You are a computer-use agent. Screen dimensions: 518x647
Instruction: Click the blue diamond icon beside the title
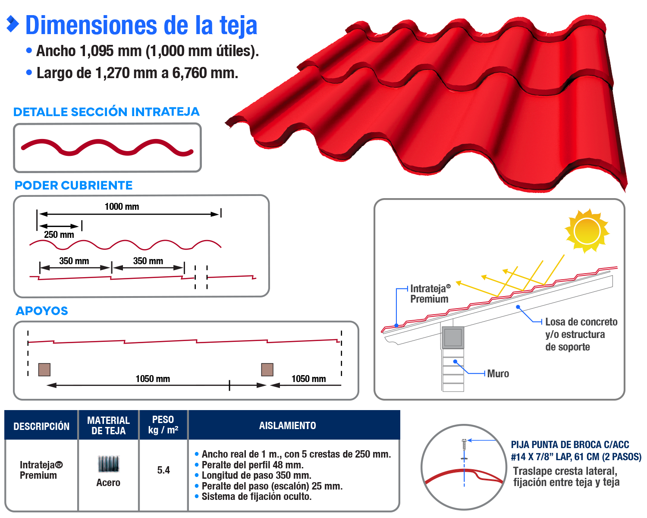click(13, 24)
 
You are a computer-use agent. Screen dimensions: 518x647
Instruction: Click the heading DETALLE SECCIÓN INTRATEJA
click(107, 112)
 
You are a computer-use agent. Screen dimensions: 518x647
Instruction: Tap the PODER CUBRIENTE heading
click(74, 186)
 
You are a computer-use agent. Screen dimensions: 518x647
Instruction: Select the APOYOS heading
click(42, 311)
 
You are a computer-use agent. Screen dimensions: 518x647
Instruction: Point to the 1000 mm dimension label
click(122, 207)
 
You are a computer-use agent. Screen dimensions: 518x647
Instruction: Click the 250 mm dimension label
click(59, 235)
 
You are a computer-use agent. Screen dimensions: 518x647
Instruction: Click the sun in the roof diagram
click(587, 231)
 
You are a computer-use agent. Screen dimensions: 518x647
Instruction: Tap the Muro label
click(498, 374)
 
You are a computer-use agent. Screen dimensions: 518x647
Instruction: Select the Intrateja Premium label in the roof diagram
click(430, 294)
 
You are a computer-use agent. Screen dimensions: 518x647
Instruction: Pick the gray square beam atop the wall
click(453, 338)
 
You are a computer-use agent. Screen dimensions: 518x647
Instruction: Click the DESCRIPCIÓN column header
click(41, 426)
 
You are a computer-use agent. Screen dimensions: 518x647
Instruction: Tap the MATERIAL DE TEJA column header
click(108, 426)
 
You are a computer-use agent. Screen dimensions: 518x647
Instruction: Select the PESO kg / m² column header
click(163, 425)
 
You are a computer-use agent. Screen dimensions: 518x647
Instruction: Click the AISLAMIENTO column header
click(287, 426)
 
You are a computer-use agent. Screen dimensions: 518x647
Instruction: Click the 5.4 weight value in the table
click(163, 470)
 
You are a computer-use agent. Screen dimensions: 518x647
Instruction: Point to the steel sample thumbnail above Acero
click(108, 464)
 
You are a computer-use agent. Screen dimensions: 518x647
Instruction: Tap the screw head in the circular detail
click(464, 442)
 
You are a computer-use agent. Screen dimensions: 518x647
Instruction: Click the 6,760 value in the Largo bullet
click(189, 73)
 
